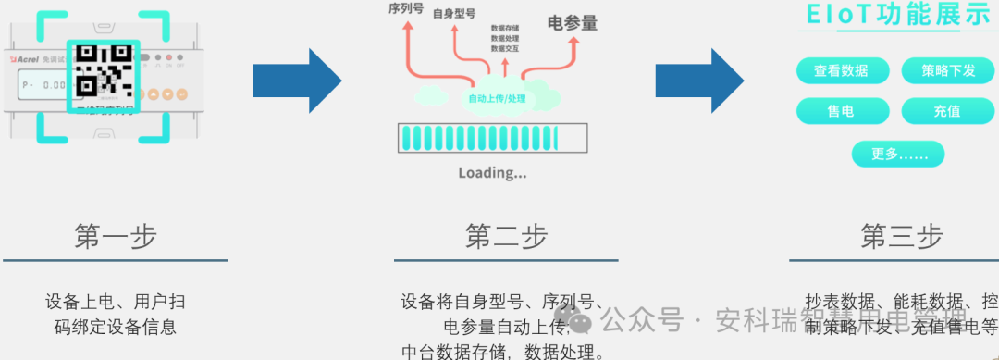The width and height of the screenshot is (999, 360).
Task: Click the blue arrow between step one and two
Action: pyautogui.click(x=298, y=81)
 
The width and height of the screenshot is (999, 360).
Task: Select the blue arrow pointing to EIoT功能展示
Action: pyautogui.click(x=699, y=81)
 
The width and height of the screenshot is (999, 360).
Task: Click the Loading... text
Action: pyautogui.click(x=492, y=172)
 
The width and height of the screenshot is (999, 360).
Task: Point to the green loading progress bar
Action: pyautogui.click(x=492, y=138)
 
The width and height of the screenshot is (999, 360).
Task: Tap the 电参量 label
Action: pyautogui.click(x=573, y=23)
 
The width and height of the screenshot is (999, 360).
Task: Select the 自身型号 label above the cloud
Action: pyautogui.click(x=454, y=14)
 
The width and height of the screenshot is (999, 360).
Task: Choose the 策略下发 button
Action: pyautogui.click(x=948, y=70)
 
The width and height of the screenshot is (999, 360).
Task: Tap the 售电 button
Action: pyautogui.click(x=841, y=111)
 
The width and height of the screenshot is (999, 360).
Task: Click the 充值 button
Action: pyautogui.click(x=947, y=111)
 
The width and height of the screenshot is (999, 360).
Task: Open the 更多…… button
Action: pyautogui.click(x=898, y=154)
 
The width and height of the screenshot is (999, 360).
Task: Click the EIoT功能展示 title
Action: pyautogui.click(x=898, y=16)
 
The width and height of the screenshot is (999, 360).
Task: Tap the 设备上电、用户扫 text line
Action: pyautogui.click(x=115, y=302)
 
